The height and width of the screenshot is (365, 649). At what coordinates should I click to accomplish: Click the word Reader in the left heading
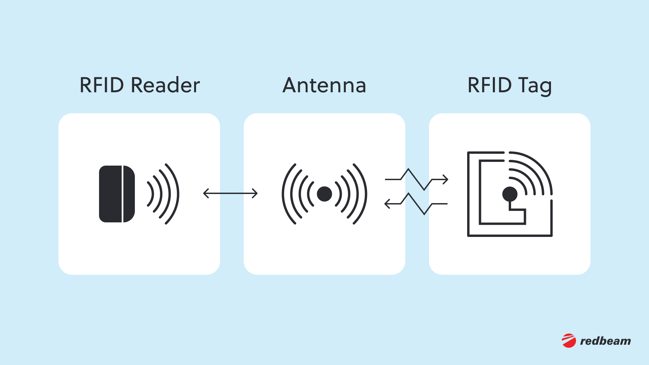pos(165,85)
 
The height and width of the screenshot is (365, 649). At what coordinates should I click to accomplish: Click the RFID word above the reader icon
pos(102,85)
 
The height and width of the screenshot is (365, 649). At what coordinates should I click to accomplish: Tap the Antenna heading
pos(324,85)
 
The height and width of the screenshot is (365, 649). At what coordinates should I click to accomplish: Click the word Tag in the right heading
pos(535,86)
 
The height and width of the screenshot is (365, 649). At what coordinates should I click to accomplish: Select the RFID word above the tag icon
pos(489,85)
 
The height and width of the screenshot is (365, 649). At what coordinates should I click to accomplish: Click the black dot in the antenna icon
pos(324,194)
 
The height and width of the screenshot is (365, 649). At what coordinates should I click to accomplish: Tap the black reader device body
pos(110,194)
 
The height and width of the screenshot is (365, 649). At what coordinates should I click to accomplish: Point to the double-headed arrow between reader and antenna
pos(231,194)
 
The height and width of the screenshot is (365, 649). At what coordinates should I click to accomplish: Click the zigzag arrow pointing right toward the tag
pos(416,179)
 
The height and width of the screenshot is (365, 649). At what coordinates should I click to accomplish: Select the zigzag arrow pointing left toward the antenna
pos(416,204)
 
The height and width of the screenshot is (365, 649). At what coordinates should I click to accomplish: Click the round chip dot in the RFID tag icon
pos(510,194)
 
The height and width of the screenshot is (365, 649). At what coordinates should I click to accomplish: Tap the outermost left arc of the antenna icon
pos(283,194)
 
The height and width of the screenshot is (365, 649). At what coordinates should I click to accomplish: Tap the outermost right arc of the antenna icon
pos(365,194)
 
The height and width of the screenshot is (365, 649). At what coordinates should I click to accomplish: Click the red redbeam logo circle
pos(569,341)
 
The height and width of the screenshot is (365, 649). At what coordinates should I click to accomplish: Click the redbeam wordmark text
pos(605,341)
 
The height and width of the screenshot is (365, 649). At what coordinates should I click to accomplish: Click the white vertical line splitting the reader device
pos(122,194)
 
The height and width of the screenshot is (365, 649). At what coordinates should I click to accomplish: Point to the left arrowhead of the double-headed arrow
pos(205,194)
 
